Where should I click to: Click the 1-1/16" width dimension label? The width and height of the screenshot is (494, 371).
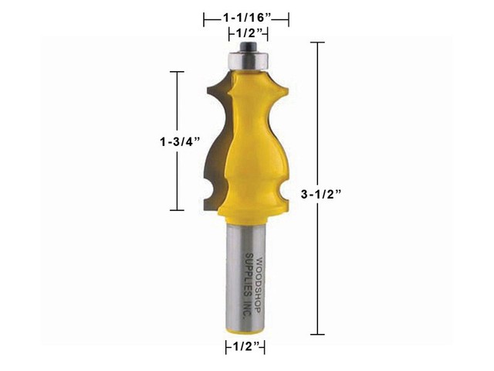point(245,15)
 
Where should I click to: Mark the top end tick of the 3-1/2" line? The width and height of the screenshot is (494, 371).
point(317,43)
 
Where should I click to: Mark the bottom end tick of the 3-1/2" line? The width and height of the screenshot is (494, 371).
point(317,334)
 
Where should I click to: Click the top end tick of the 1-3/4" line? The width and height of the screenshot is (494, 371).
point(177,72)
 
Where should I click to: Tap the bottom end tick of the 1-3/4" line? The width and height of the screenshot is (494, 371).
point(177,210)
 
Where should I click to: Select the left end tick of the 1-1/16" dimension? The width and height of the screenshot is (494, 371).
point(204,15)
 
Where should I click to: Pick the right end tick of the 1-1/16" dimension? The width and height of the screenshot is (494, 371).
point(288,15)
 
